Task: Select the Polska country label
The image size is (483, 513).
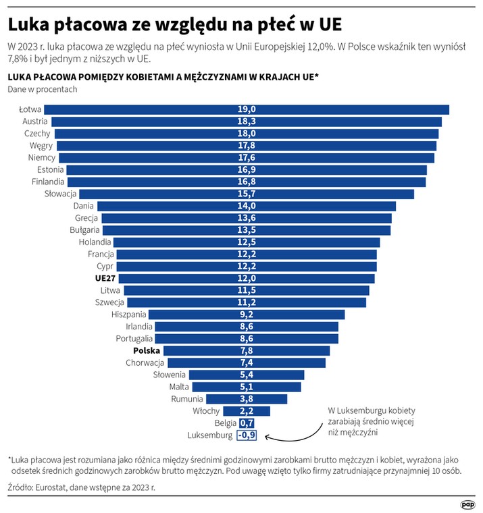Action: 147,351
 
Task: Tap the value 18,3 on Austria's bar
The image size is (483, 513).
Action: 246,122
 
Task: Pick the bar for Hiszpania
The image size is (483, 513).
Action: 246,315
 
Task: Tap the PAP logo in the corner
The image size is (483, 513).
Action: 467,503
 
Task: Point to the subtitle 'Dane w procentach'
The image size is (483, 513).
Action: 42,89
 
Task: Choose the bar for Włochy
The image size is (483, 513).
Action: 246,411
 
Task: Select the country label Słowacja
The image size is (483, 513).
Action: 61,194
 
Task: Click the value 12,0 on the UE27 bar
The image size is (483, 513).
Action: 246,278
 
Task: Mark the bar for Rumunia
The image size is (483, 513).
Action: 246,399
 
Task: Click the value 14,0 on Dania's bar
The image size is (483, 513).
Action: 246,206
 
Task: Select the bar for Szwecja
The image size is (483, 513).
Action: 246,302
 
